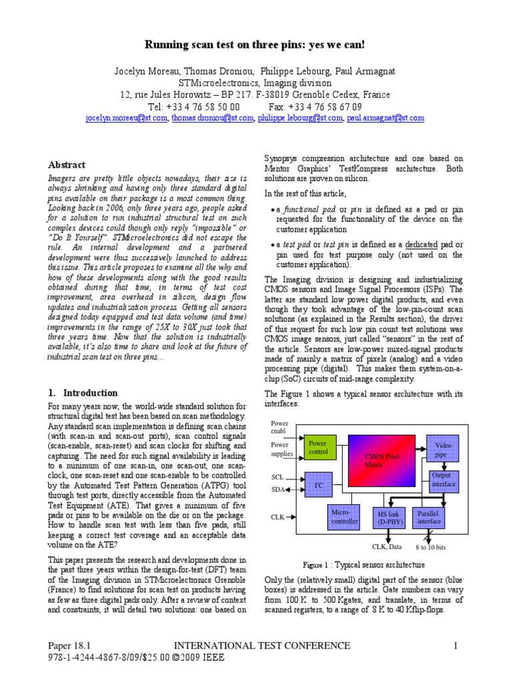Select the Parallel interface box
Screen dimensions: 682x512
pyautogui.click(x=428, y=517)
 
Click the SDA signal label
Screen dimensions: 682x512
pyautogui.click(x=278, y=490)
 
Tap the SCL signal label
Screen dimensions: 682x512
pyautogui.click(x=277, y=478)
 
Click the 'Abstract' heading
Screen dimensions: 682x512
pyautogui.click(x=67, y=165)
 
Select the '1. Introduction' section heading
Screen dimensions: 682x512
pyautogui.click(x=83, y=393)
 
